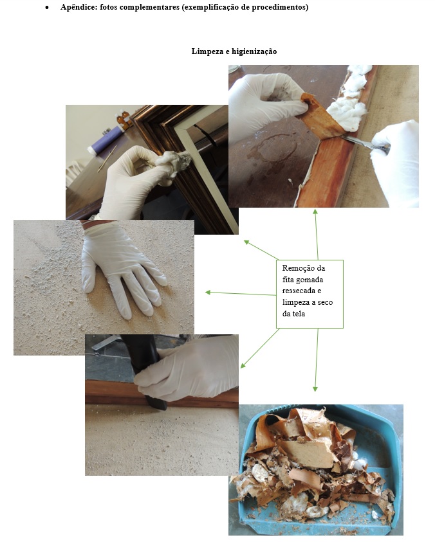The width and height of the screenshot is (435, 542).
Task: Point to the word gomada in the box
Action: pyautogui.click(x=310, y=280)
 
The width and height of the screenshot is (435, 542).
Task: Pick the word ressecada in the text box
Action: pyautogui.click(x=299, y=291)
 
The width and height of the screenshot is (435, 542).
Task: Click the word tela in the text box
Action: pyautogui.click(x=298, y=314)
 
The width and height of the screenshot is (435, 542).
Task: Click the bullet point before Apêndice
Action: pyautogui.click(x=47, y=8)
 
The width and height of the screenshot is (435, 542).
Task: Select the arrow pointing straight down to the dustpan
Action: pyautogui.click(x=317, y=360)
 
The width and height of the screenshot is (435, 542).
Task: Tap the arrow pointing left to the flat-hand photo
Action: pyautogui.click(x=241, y=293)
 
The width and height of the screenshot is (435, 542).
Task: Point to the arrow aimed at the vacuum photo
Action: pyautogui.click(x=259, y=348)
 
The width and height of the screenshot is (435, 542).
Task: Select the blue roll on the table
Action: pyautogui.click(x=103, y=141)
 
